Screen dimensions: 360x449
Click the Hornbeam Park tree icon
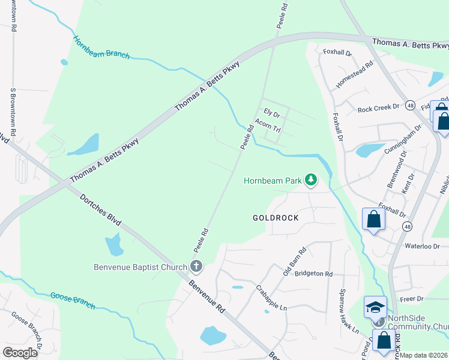pos(310,180)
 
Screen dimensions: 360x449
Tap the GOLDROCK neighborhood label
pos(276,217)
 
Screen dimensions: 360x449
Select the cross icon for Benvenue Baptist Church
pos(195,266)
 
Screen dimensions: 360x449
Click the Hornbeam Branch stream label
pos(101,47)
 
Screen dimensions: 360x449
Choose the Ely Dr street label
pos(273,112)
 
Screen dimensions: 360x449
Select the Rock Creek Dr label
pos(378,109)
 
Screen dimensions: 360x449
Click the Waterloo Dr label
pos(423,246)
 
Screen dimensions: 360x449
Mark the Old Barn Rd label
pos(295,262)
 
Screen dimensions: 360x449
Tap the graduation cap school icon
pos(375,307)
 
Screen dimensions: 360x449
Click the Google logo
pos(19,352)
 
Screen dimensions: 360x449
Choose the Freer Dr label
pos(412,298)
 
